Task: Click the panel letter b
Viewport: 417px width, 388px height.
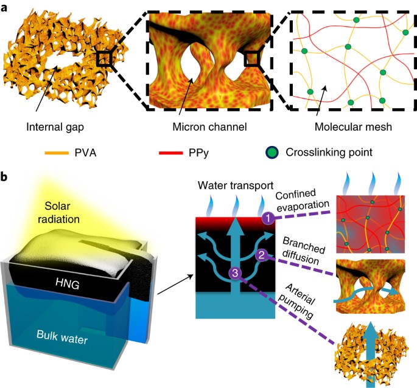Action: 5,177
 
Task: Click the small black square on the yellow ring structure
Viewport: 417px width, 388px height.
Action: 105,59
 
